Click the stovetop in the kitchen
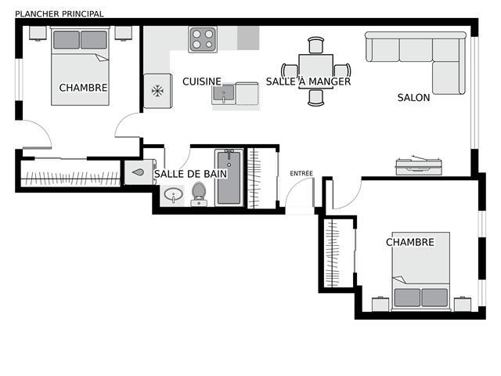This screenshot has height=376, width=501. (203, 39)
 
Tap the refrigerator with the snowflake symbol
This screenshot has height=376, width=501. (158, 91)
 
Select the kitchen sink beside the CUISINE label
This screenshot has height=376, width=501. (223, 94)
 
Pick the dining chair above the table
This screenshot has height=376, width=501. (316, 45)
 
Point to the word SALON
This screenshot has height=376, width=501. (413, 97)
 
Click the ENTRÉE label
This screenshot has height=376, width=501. (301, 173)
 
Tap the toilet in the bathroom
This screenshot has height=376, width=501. (199, 194)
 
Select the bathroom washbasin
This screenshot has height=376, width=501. (173, 194)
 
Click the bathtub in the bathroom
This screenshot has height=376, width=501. (229, 178)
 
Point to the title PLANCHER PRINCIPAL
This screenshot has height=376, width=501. (59, 14)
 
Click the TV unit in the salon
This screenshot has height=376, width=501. (419, 166)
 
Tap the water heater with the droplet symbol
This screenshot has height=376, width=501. (139, 172)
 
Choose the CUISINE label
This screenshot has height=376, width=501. (202, 81)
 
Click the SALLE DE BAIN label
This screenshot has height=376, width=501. (190, 174)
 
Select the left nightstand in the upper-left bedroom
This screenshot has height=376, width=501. (38, 33)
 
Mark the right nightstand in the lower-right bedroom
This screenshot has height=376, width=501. (463, 305)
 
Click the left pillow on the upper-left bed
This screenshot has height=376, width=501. (67, 40)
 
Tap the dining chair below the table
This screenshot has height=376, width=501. (316, 98)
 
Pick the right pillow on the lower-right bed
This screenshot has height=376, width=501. (434, 298)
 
